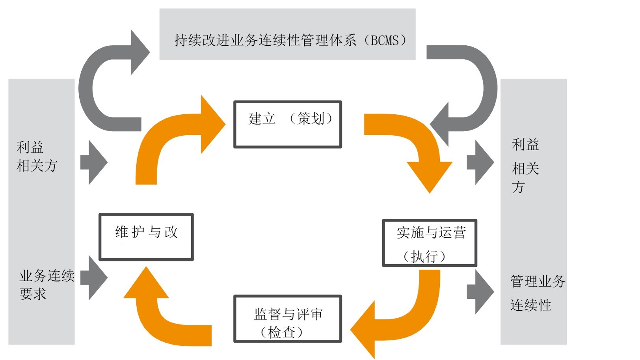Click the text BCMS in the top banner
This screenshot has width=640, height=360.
coord(385,40)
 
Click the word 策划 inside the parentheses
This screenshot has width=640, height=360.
coord(311,118)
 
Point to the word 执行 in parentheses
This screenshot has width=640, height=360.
coord(424,256)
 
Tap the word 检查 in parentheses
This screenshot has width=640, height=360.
coord(281,332)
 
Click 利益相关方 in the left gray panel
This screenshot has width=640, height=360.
coord(37,157)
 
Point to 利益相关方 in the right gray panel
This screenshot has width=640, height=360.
coord(525,166)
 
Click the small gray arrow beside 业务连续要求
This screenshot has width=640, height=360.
coord(94,278)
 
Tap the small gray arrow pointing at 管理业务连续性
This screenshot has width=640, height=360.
coord(480,292)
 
